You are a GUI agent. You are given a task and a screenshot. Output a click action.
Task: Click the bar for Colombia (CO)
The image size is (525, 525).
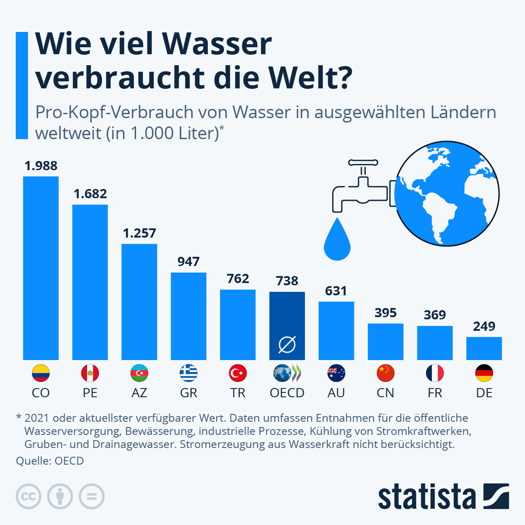click(41, 268)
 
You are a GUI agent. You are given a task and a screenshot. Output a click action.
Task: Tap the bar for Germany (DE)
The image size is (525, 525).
click(484, 348)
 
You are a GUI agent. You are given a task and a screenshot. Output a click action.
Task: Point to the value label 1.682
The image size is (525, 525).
click(90, 194)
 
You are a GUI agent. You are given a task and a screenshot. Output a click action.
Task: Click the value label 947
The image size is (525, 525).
click(189, 262)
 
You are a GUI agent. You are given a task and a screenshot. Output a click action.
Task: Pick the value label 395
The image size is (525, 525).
click(385, 313)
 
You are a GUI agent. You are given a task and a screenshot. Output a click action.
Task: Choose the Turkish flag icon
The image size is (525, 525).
click(238, 373)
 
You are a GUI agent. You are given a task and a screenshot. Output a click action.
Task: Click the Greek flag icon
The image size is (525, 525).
click(189, 373)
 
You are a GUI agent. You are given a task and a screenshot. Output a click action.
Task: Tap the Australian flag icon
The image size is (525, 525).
click(336, 373)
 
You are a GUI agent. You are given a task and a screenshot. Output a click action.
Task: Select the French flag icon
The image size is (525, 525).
click(435, 373)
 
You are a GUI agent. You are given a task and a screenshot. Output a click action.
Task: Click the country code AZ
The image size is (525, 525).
click(139, 393)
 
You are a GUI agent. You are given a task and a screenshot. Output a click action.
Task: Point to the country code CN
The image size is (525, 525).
click(385, 393)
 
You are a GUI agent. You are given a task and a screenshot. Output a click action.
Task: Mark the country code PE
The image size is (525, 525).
click(90, 393)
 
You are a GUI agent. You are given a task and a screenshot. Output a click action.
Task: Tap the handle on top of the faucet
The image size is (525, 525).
click(363, 163)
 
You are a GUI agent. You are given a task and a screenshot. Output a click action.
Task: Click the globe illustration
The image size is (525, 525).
click(447, 194)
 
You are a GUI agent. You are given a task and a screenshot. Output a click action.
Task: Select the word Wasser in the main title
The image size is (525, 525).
click(217, 44)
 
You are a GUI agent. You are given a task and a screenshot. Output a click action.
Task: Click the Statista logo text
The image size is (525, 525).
click(427, 497)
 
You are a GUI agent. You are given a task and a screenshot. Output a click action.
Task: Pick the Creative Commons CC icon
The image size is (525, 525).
click(28, 497)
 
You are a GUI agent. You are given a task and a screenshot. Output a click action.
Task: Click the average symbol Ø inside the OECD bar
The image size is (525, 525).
click(287, 345)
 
